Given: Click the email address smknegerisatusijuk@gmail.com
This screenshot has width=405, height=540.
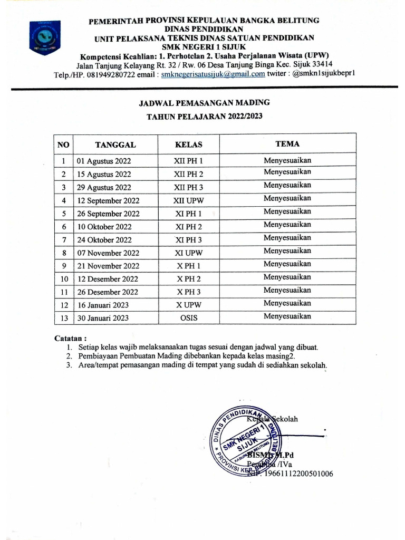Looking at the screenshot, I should click(213, 74).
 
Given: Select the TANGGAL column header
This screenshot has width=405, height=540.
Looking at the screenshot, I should click(115, 144).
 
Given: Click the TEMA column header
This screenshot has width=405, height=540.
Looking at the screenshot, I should click(287, 143).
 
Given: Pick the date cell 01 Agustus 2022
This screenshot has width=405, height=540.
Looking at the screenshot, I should click(104, 161).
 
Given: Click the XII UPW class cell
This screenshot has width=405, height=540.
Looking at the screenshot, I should click(188, 200).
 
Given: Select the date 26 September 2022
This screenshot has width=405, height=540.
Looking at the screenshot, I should click(108, 214).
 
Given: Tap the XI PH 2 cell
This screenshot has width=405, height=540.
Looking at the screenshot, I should click(188, 227).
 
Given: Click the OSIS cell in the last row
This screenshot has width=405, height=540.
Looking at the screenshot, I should click(188, 318).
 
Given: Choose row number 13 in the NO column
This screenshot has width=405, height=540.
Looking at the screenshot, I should click(64, 318).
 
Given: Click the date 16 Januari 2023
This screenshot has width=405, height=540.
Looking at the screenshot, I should click(103, 305).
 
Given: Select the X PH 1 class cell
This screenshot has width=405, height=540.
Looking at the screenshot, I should click(188, 266).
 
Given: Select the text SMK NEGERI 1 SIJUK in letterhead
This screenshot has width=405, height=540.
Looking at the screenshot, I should click(204, 46).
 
